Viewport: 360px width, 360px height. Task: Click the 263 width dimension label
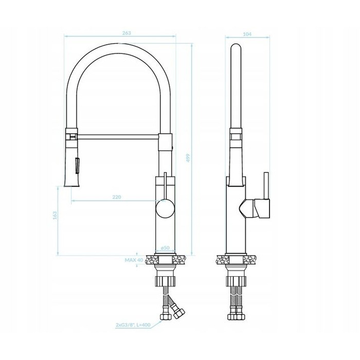(127, 33)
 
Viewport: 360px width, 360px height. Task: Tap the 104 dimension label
(247, 34)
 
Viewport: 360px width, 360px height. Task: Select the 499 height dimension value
(188, 158)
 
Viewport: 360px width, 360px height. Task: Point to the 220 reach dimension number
(117, 197)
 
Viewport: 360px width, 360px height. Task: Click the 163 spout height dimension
(55, 215)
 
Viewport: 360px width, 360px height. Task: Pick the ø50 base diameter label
(165, 248)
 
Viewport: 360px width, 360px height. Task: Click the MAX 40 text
(134, 260)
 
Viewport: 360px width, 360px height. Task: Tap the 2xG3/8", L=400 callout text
(133, 325)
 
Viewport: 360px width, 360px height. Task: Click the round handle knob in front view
(165, 208)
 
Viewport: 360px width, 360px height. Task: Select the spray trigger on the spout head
(77, 165)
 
